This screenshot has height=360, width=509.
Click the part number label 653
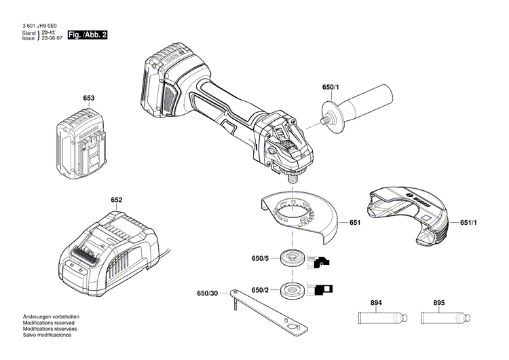pos(88,98)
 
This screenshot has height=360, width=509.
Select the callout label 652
pos(117,200)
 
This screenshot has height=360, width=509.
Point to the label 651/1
pos(469,223)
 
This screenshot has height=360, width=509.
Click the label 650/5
pos(261,259)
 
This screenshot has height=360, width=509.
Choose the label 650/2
pos(261,290)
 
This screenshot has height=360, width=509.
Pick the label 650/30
pos(208,293)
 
